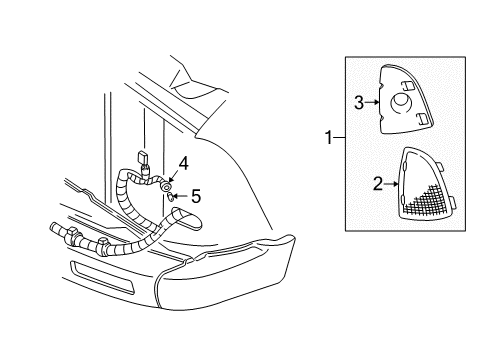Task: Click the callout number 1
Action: [x=329, y=138]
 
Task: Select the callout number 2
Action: [x=378, y=184]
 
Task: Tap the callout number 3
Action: [x=359, y=103]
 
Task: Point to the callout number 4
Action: [x=183, y=164]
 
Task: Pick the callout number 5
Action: [x=196, y=196]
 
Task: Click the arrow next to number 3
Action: [x=372, y=102]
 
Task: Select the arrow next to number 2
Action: [x=391, y=184]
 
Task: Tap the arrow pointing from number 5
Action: [x=181, y=196]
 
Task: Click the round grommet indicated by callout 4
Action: [x=166, y=187]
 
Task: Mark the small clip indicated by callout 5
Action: [x=170, y=197]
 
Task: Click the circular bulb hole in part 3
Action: [x=401, y=102]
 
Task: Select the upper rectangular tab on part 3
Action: [x=407, y=86]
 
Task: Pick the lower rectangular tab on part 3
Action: [x=423, y=118]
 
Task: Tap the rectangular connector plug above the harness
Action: [x=144, y=157]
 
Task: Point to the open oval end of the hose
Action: [x=187, y=218]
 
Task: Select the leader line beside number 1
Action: [x=339, y=137]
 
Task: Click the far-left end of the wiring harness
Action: [x=53, y=227]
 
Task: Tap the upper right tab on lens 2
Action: [x=440, y=165]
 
